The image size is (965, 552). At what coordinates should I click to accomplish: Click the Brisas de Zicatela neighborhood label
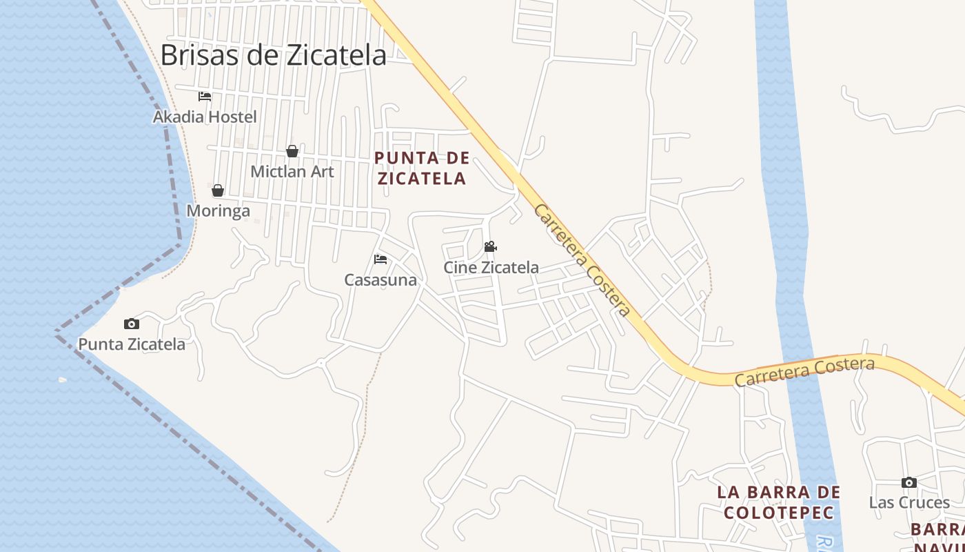(273, 55)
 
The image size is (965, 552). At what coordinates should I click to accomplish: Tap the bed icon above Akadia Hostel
(205, 97)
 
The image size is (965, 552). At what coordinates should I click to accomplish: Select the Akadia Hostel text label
(205, 117)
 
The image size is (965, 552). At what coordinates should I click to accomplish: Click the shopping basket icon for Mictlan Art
(292, 151)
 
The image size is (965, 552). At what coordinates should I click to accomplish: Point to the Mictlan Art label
(292, 171)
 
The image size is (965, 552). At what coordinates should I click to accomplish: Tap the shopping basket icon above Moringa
(218, 190)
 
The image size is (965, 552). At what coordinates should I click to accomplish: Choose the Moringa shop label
(219, 210)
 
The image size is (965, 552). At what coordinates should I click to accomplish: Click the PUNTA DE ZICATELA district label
(422, 168)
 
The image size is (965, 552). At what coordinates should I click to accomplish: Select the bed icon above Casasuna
(380, 259)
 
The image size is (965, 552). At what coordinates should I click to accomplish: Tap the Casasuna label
(380, 279)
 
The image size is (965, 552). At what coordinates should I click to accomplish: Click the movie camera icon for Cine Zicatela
(490, 246)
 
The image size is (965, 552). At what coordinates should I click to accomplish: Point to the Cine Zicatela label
(491, 267)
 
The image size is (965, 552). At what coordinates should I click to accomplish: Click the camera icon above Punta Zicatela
(132, 324)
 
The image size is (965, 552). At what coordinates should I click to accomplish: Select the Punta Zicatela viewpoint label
(132, 344)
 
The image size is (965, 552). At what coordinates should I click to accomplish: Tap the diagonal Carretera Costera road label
(582, 260)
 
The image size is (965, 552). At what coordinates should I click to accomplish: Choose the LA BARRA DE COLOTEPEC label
(779, 502)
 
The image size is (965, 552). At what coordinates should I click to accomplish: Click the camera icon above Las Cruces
(909, 482)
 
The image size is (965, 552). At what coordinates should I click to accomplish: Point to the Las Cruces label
(909, 502)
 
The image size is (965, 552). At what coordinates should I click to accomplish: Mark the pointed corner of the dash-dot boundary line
(57, 333)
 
